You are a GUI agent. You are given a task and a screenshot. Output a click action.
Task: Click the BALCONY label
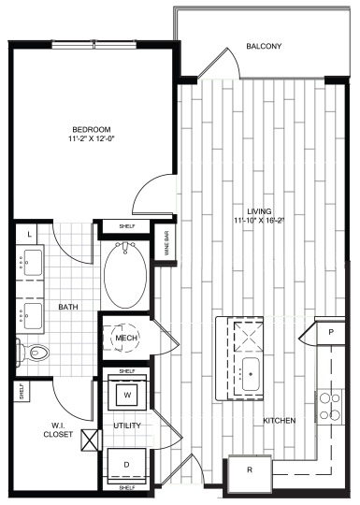click(x=266, y=46)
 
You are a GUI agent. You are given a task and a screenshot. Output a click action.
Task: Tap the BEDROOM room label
click(x=94, y=129)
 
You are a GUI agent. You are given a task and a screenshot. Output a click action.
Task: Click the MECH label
click(x=125, y=338)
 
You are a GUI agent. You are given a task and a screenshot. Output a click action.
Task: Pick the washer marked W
click(x=126, y=394)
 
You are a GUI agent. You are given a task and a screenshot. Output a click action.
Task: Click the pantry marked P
click(x=331, y=333)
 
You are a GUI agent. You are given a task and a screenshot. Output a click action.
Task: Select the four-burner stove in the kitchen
click(x=331, y=404)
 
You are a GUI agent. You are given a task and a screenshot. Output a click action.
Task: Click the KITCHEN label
click(x=279, y=421)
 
